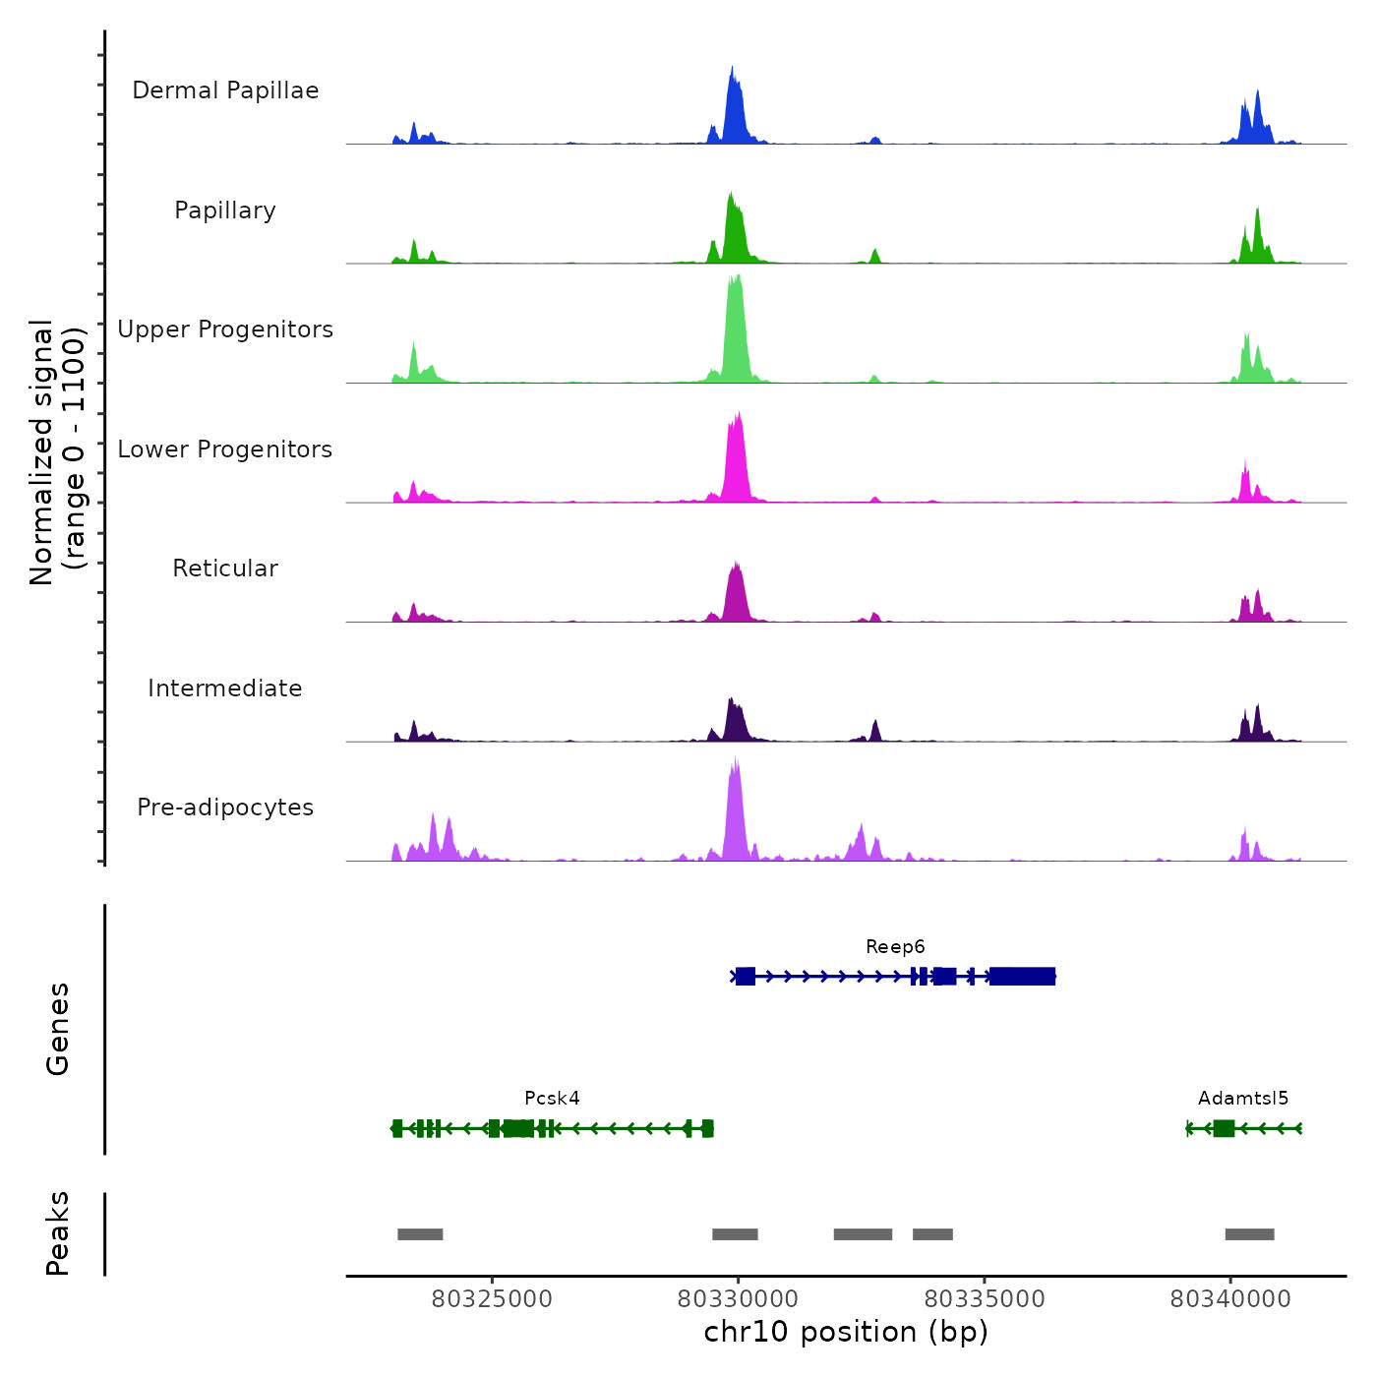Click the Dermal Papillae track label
tap(225, 90)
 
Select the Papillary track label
tap(225, 210)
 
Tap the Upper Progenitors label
tap(225, 329)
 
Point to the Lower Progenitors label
tap(225, 449)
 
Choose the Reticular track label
tap(225, 569)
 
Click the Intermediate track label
tap(225, 688)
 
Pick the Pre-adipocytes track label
tap(225, 808)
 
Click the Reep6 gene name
tap(895, 947)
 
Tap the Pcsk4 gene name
tap(552, 1099)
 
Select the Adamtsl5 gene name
tap(1242, 1099)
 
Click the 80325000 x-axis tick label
tap(492, 1299)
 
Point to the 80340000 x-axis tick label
tap(1229, 1299)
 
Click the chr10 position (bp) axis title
tap(846, 1332)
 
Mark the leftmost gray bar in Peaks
tap(420, 1234)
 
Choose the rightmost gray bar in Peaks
tap(1249, 1234)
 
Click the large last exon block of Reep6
tap(1022, 976)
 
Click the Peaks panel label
tap(57, 1233)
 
